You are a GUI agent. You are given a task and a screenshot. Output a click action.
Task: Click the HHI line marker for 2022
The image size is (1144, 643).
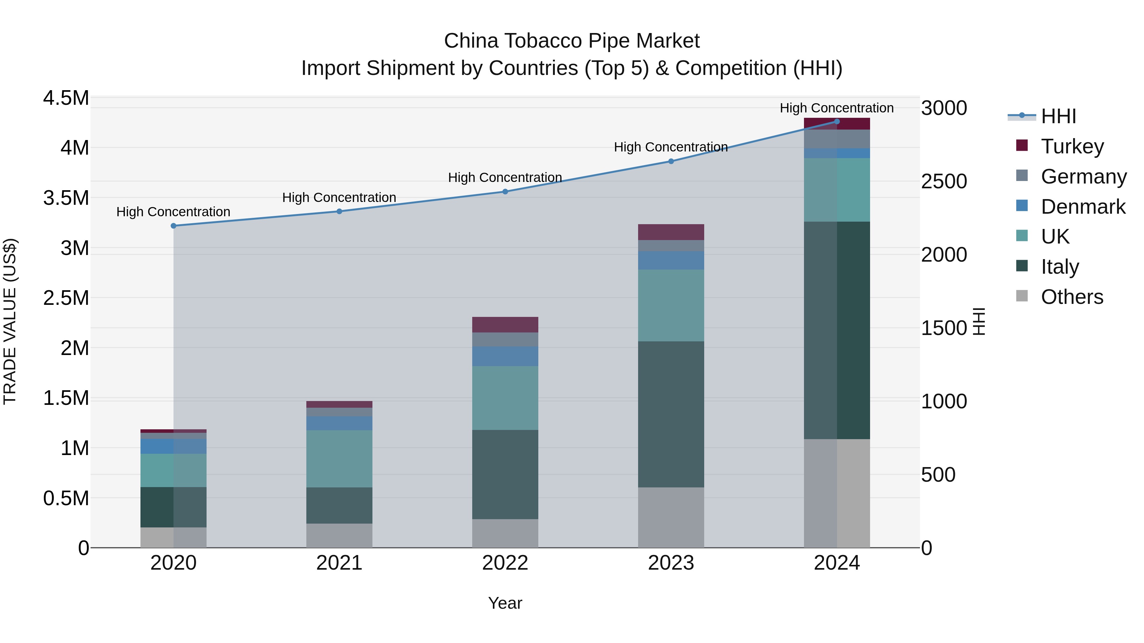point(505,192)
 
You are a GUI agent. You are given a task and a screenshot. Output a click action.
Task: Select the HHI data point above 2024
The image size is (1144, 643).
point(837,122)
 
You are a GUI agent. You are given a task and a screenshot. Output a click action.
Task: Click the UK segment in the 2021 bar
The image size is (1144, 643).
point(339,459)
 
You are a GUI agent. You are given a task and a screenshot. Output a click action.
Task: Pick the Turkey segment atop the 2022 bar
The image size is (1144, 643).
point(505,325)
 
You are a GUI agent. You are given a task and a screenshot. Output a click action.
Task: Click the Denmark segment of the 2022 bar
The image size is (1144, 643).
point(505,356)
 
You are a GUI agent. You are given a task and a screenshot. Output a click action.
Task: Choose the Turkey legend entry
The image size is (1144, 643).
point(1072,146)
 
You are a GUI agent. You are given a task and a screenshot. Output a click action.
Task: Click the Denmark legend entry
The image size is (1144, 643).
point(1082,207)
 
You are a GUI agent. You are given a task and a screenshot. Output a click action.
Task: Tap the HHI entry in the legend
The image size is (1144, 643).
point(1058,116)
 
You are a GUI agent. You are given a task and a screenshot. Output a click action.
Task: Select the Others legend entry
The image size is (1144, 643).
point(1071,297)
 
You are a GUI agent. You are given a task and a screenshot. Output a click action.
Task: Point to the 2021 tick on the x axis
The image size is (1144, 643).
point(339,563)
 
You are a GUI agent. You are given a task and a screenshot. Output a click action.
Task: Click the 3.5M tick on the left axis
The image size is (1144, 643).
point(66,198)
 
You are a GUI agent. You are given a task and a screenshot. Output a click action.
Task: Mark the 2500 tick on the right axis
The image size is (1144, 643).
point(944,182)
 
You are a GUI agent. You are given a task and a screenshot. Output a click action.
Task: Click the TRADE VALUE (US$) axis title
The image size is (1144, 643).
point(10,321)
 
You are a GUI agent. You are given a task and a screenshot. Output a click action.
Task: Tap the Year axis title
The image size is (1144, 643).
point(505,603)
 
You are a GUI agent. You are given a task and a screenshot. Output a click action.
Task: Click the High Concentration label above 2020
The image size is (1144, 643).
point(173,212)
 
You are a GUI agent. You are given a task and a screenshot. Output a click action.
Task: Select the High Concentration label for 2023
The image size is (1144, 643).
point(671,147)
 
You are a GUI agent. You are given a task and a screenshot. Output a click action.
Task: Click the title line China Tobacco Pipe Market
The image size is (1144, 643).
point(572,41)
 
